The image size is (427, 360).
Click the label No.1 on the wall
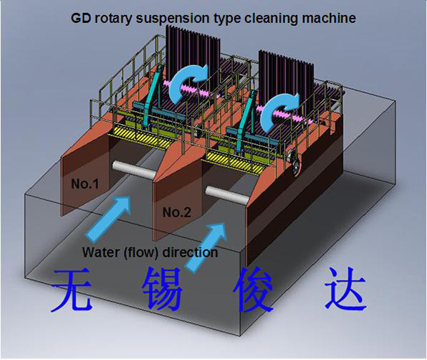(85, 184)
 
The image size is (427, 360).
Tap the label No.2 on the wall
(177, 212)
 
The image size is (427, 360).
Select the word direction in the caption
(190, 252)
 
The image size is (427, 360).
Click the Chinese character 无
(72, 290)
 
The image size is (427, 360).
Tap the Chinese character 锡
(163, 289)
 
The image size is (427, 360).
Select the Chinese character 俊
(253, 290)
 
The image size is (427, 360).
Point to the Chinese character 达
(345, 290)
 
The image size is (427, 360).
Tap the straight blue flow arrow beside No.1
(108, 219)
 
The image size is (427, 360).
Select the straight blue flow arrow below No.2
(206, 247)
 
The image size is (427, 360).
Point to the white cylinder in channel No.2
(227, 194)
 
